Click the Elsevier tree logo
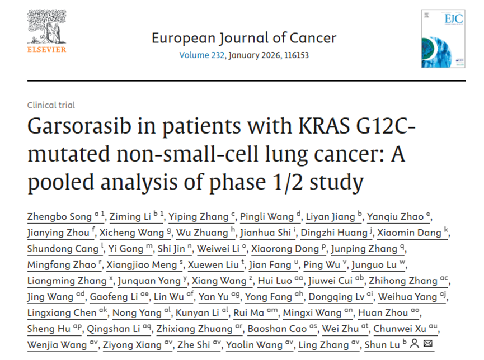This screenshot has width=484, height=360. [46, 29]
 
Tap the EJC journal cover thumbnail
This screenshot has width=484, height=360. [443, 38]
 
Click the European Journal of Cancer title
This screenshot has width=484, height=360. [244, 38]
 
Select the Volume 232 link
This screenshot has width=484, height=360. [201, 55]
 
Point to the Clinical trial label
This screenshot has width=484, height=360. [51, 105]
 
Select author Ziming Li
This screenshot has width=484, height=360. [128, 217]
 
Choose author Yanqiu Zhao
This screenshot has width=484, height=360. [397, 217]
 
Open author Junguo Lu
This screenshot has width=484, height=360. [383, 265]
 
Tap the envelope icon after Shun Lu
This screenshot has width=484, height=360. [428, 344]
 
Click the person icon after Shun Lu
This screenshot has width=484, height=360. [415, 344]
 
